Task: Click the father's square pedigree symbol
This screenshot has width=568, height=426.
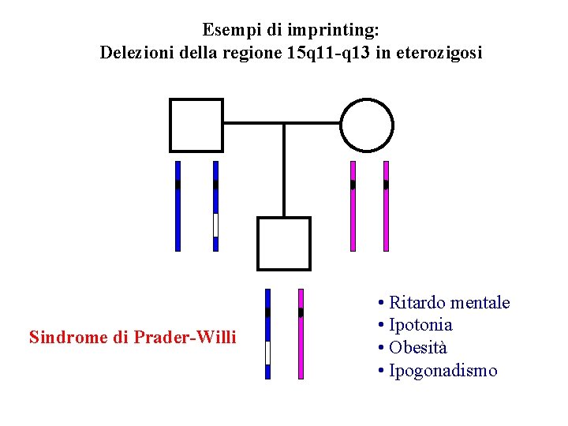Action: pos(196,125)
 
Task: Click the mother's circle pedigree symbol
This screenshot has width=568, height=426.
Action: pos(367,125)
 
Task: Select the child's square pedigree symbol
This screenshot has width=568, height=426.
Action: pos(284,244)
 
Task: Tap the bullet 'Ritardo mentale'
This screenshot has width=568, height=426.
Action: pos(449,303)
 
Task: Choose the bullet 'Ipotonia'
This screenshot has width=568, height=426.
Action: pos(420,325)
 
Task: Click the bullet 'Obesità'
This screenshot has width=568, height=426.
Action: pos(418,348)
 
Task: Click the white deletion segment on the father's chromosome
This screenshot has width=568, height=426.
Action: pos(215,225)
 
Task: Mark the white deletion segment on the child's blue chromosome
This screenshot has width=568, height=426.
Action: pos(268,352)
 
